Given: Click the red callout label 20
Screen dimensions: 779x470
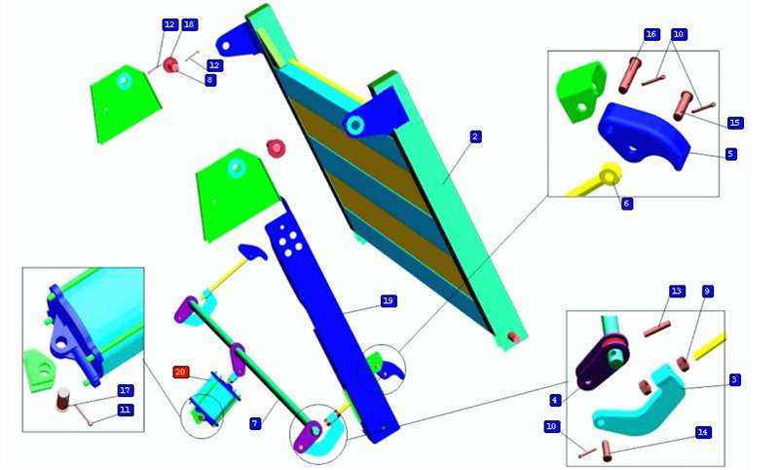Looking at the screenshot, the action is click(181, 372).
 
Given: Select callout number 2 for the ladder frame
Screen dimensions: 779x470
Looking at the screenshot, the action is click(475, 137).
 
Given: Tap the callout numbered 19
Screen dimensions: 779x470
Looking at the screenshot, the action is click(389, 301).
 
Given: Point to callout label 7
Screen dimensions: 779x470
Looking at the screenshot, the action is click(255, 423).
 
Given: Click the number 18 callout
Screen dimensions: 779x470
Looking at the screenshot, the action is click(189, 25).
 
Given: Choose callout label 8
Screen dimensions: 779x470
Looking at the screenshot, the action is click(210, 80).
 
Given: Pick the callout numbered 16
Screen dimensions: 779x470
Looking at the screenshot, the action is click(650, 34).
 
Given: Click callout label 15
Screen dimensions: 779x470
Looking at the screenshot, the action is click(735, 122).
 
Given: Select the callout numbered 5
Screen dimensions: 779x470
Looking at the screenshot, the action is click(729, 154).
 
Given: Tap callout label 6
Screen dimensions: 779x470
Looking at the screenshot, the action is click(627, 203).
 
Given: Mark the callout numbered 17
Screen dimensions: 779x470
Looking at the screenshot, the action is click(126, 390).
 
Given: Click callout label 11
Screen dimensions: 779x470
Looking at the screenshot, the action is click(126, 410).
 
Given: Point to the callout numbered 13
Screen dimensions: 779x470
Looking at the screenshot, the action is click(677, 291).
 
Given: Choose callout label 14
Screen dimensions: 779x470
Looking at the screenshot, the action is click(702, 432).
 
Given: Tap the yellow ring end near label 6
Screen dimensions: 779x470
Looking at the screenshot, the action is click(611, 176).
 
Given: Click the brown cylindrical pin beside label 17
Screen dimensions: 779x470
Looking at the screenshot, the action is click(63, 400).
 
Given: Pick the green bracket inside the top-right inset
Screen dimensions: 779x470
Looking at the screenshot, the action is click(581, 92).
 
